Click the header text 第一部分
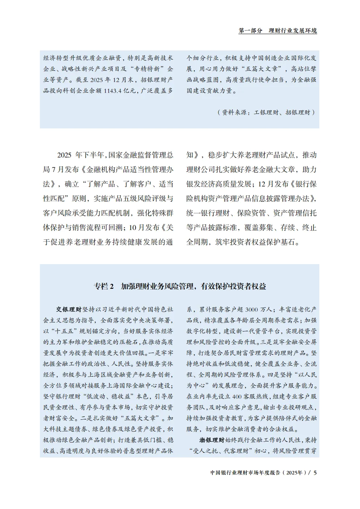[250, 31]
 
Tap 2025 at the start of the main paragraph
[65, 155]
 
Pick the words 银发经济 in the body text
[201, 184]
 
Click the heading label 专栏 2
[104, 287]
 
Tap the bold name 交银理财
[69, 309]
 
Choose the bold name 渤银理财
[212, 440]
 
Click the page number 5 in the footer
[315, 473]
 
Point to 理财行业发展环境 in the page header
[292, 31]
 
